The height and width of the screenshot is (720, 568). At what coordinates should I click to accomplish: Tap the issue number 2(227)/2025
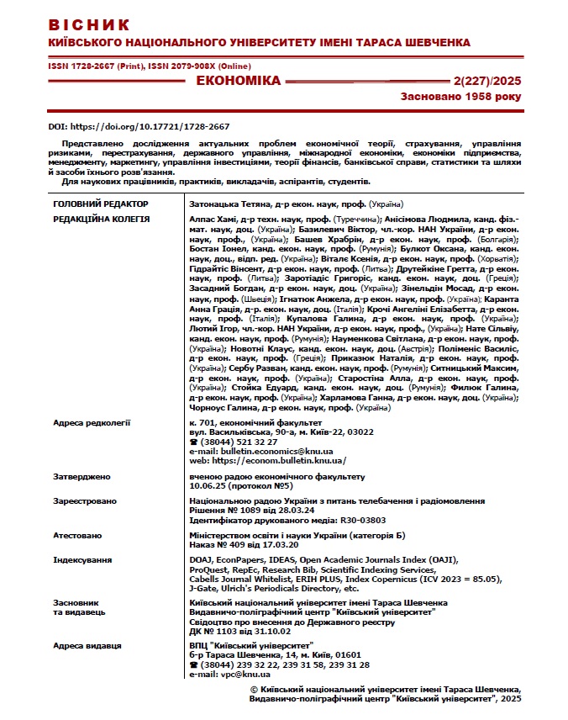(487, 82)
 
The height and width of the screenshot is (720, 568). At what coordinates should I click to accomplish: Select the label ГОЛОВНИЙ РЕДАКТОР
(100, 204)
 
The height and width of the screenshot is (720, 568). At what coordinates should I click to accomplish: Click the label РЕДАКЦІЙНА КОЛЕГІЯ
(101, 220)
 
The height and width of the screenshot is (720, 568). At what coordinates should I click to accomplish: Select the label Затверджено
(82, 477)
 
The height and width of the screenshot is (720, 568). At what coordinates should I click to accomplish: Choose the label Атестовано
(77, 535)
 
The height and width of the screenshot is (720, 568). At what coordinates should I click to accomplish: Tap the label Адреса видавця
(87, 646)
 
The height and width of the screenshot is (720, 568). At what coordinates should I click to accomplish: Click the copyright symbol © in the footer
(255, 688)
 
